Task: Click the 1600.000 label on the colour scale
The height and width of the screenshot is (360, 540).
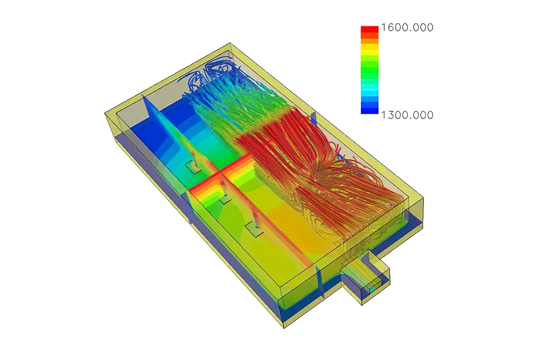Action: pos(407,27)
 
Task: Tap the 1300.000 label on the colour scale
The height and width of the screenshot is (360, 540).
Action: pos(407,115)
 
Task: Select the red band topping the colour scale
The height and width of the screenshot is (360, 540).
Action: pos(369,29)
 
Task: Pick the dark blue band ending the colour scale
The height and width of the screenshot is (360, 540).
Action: pos(369,111)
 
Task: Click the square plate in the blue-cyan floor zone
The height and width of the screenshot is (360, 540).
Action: pos(193,167)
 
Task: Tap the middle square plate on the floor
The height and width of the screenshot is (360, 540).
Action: pos(225,199)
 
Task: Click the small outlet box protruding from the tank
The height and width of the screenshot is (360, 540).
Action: pos(365,277)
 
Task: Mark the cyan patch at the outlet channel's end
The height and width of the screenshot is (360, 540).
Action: pos(372,290)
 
